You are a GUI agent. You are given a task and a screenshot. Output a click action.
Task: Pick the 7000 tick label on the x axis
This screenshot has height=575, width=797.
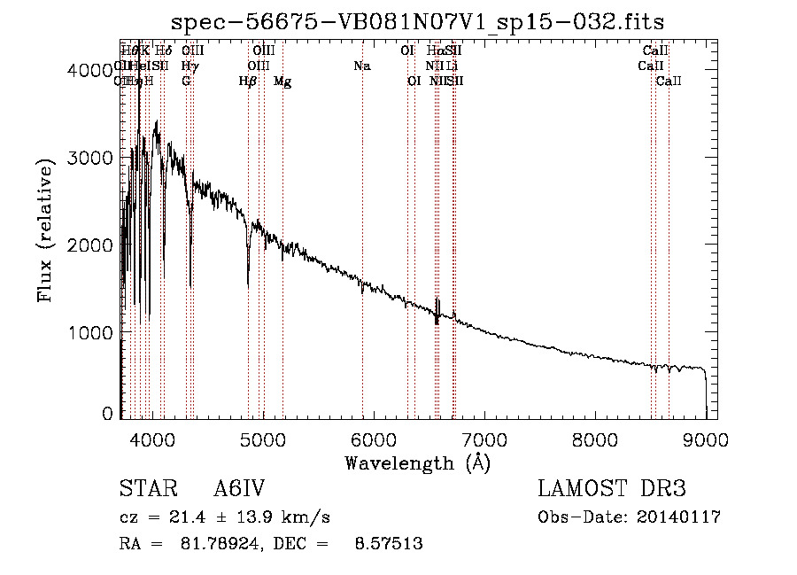point(484,439)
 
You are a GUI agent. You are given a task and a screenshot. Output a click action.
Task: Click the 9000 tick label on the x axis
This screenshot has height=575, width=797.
point(705,439)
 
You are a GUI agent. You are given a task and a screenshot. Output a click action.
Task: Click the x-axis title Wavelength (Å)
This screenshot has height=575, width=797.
point(417,462)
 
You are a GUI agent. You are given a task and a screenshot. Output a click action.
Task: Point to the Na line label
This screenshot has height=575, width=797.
point(361,66)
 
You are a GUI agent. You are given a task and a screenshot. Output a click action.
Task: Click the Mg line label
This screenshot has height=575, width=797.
point(282,82)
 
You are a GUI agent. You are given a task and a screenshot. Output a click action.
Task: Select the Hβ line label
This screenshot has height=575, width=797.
point(248,82)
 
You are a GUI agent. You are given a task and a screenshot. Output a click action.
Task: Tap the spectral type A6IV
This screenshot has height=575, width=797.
point(239,489)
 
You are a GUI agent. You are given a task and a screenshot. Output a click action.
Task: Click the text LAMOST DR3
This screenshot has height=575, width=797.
point(611,489)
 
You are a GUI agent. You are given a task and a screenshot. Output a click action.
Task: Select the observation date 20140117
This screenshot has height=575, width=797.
point(682,517)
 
